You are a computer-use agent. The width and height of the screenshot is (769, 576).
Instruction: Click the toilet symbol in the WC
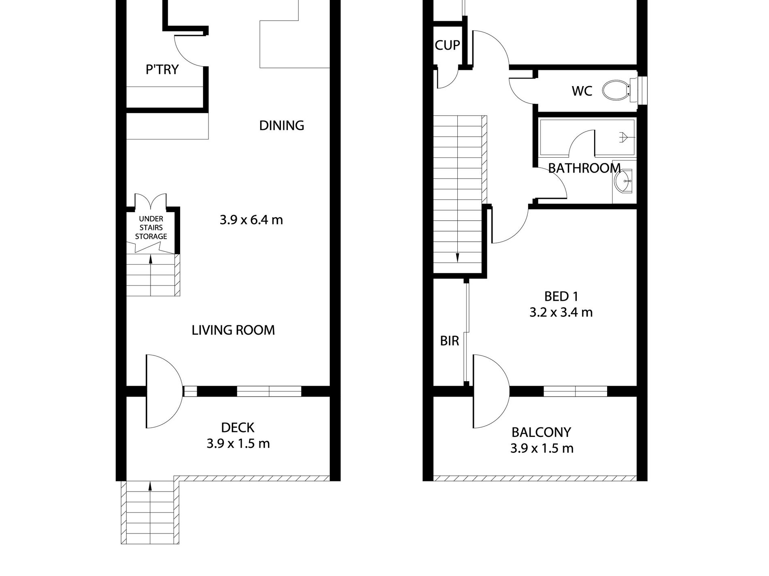[x=617, y=89]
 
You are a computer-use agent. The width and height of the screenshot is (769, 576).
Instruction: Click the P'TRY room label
[x=162, y=70]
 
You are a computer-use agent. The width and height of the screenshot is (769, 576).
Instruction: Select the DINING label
[x=282, y=125]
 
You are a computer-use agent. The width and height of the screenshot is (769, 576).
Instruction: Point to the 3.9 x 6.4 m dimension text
[x=251, y=220]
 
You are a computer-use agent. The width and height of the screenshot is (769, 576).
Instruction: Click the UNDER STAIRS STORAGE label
[x=151, y=228]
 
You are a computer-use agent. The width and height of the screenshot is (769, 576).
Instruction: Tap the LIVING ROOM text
[x=233, y=330]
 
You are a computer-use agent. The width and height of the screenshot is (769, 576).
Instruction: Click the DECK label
[x=238, y=427]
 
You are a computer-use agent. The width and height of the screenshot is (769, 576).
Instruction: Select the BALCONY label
[x=541, y=432]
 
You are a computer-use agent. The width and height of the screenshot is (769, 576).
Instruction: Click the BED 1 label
[x=561, y=296]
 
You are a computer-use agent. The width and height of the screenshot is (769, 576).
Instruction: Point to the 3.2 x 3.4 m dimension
[x=561, y=312]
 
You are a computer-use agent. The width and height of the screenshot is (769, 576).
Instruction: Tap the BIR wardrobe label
[x=450, y=341]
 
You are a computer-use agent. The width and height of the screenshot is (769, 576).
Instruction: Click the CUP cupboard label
[x=447, y=45]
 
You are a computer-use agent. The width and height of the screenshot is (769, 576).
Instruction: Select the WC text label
[x=582, y=91]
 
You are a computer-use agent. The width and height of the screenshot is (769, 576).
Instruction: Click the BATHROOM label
[x=584, y=168]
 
